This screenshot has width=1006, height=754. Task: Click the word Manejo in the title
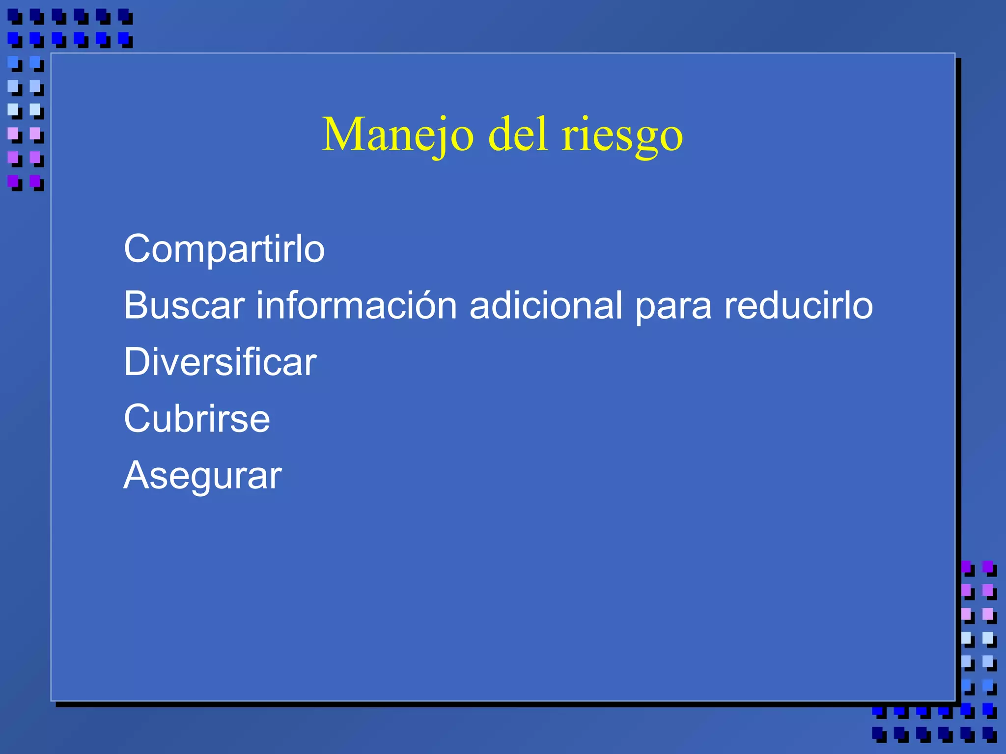point(398,135)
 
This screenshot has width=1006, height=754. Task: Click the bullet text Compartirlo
point(224,249)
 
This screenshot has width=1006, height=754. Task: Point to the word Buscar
point(184,305)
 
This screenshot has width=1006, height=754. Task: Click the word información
point(357,305)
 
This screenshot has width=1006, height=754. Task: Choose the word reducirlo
point(799,305)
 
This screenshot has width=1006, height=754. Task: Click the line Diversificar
point(220,362)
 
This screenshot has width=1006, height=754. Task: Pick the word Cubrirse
point(196,419)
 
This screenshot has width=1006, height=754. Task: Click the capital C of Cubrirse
point(136,419)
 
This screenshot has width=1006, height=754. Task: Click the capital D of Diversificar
point(137,362)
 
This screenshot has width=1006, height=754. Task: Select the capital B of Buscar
point(136,305)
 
